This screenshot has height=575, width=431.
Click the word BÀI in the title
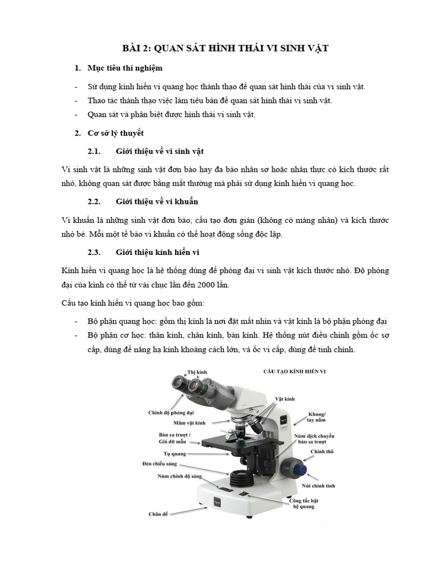click(133, 49)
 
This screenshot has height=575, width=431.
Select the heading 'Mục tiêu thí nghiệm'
click(125, 68)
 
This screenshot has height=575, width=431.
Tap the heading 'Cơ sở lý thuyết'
click(116, 133)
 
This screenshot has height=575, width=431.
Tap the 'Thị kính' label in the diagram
click(197, 372)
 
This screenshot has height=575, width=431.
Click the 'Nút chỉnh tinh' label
click(318, 486)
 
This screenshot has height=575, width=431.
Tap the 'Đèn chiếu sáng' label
click(159, 464)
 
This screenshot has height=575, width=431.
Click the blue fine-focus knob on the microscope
click(295, 467)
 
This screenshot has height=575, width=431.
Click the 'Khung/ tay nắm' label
click(316, 417)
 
